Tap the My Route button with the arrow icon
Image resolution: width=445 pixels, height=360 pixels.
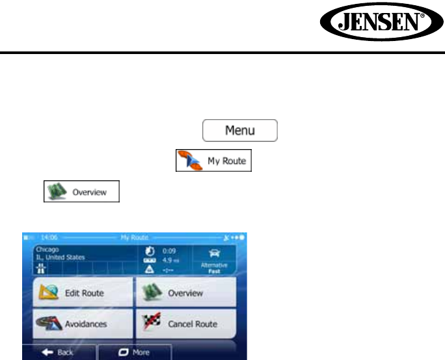click(x=213, y=160)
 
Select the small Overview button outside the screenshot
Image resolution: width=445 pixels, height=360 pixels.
click(x=81, y=193)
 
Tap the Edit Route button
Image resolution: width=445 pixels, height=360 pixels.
click(x=83, y=293)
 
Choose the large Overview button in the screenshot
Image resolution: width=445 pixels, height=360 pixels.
click(x=185, y=293)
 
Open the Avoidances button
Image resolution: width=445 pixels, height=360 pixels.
click(x=83, y=323)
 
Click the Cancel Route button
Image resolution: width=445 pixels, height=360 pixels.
click(x=185, y=323)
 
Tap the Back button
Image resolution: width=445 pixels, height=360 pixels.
click(x=59, y=352)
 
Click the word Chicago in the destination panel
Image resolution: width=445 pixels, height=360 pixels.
click(x=47, y=249)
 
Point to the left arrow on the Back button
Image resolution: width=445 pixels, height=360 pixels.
click(x=46, y=352)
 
